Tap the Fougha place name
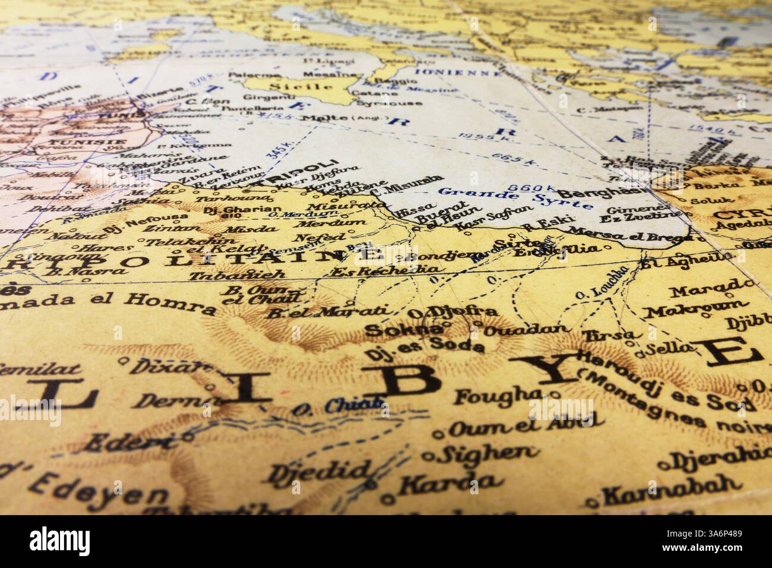(x=501, y=395)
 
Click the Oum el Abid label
(x=522, y=423)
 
